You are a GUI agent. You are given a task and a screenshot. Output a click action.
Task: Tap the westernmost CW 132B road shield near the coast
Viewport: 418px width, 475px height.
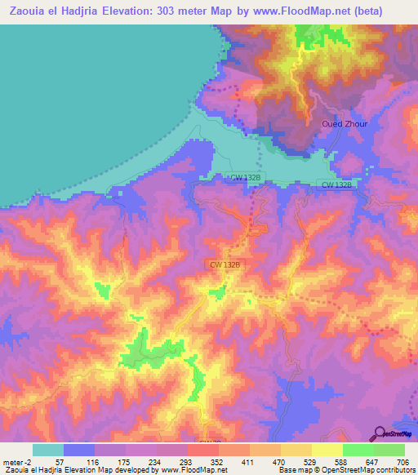245,176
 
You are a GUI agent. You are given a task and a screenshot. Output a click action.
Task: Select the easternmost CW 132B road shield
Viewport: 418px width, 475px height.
336,185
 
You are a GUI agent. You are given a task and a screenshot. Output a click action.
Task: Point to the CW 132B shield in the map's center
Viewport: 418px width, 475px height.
225,264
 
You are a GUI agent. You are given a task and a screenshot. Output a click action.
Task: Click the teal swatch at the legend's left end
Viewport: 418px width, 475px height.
48,450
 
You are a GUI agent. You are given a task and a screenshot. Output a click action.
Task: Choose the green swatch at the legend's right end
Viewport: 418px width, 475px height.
389,450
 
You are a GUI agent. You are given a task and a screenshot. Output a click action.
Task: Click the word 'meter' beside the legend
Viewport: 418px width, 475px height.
9,461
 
